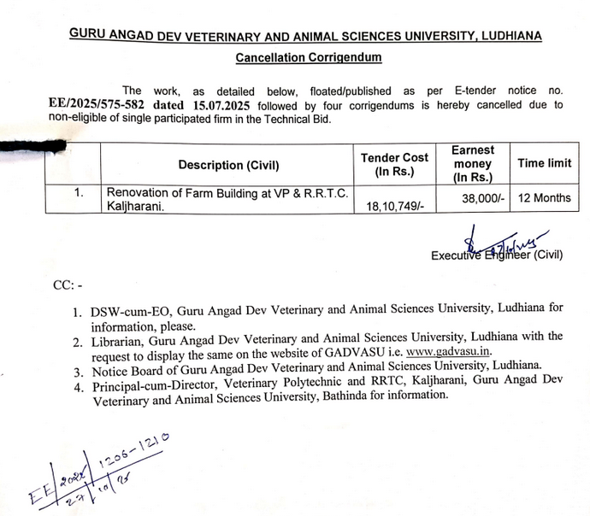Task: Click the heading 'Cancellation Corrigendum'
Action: (309, 57)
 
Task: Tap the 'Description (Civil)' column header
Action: (228, 165)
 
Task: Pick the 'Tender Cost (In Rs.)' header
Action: (394, 164)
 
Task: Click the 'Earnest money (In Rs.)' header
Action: (471, 164)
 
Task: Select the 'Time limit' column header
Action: (544, 163)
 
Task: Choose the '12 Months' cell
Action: (544, 197)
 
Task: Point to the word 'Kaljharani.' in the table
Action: (135, 207)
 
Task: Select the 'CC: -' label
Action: (68, 285)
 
